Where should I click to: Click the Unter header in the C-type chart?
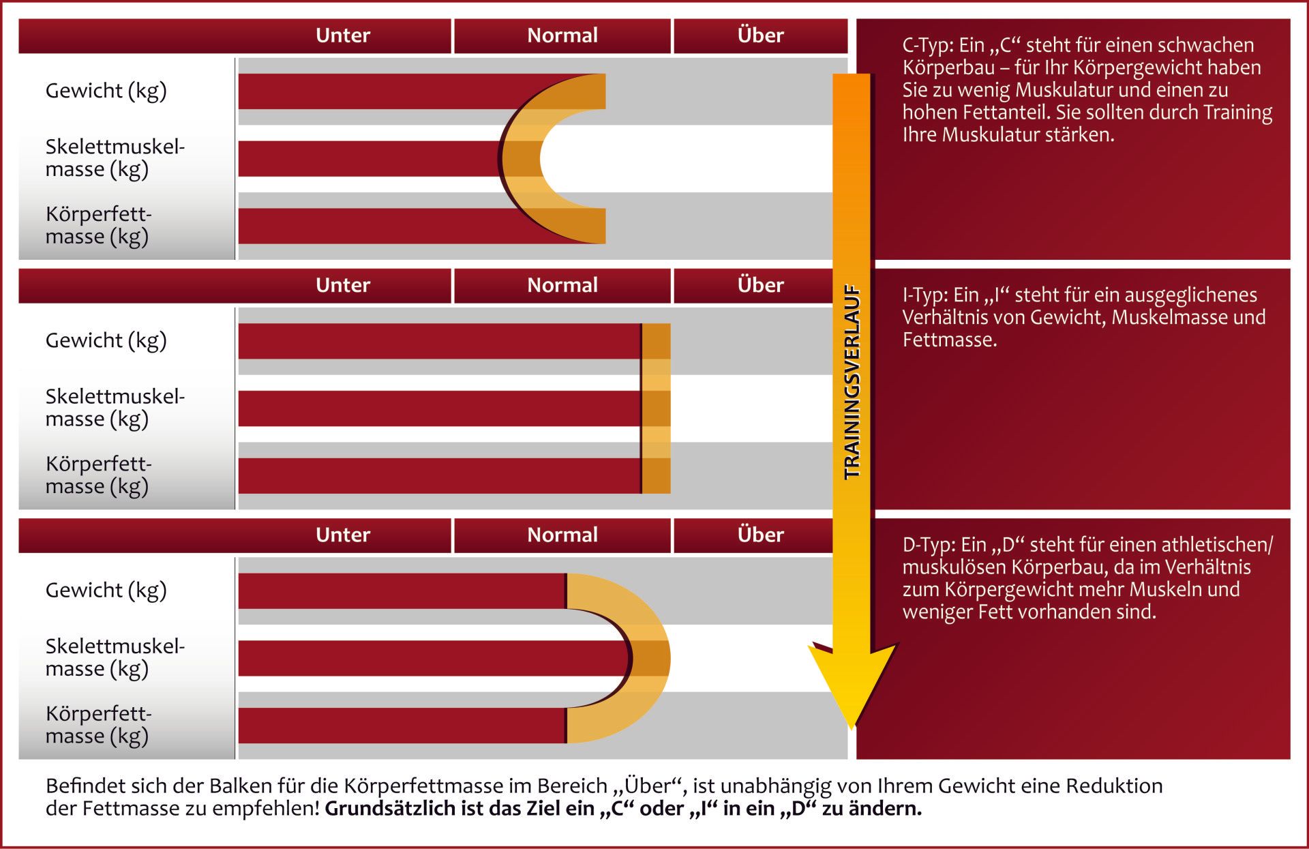343,35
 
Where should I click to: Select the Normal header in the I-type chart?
562,285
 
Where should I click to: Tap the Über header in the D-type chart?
761,535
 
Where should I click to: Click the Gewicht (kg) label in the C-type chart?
106,91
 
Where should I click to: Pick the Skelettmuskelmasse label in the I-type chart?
115,408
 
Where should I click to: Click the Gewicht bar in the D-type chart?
402,591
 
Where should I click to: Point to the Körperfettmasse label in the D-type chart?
99,725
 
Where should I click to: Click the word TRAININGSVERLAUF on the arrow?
852,382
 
